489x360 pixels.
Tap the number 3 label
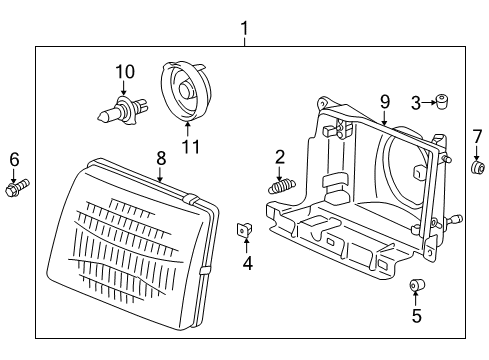(x=415, y=101)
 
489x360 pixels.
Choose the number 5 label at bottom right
(x=416, y=317)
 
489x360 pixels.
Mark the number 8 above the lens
(x=160, y=157)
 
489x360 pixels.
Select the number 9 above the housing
(x=383, y=100)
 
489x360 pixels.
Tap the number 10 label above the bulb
(x=124, y=71)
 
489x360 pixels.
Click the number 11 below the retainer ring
(x=190, y=147)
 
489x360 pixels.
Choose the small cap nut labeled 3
(x=440, y=101)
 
